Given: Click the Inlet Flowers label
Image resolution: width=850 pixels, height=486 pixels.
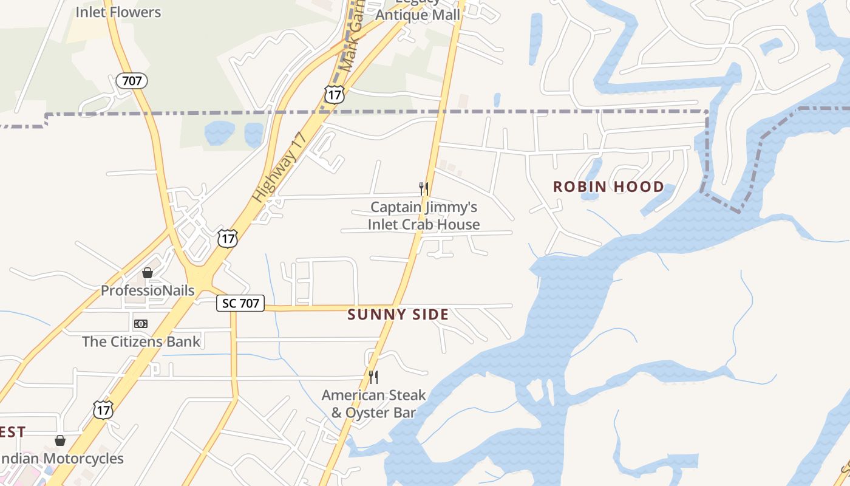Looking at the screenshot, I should [x=118, y=12].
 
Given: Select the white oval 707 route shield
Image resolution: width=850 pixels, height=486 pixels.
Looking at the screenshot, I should [x=132, y=80].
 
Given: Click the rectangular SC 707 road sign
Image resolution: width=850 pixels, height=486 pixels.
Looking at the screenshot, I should [x=240, y=303].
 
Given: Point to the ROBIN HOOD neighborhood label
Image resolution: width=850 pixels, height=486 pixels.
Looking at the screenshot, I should [x=608, y=187].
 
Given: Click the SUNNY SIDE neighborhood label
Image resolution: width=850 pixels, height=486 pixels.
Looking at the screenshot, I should [x=398, y=315].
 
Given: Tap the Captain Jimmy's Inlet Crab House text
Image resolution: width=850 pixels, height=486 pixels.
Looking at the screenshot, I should [x=424, y=216].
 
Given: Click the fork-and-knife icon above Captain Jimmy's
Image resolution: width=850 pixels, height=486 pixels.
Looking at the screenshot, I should [x=424, y=189].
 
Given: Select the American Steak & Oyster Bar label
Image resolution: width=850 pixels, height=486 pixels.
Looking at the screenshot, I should [x=373, y=404].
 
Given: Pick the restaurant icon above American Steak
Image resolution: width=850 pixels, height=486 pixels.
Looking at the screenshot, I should [x=373, y=377].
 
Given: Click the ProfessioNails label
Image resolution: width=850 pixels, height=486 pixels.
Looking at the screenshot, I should [x=148, y=290].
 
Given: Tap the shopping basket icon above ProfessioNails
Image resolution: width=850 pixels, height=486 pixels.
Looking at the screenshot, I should [x=148, y=273].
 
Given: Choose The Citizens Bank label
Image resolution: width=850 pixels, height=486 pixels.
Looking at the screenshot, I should [x=141, y=341].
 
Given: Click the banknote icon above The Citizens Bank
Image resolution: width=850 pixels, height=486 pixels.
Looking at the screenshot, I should [x=141, y=324].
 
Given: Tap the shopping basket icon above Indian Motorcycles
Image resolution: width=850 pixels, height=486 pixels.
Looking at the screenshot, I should [x=60, y=440].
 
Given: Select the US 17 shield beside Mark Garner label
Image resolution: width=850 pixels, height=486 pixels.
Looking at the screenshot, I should [x=334, y=94].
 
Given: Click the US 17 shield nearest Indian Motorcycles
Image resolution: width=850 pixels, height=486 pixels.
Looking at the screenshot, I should [x=103, y=409].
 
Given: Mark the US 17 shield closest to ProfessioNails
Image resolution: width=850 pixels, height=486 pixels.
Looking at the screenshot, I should [x=227, y=238].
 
